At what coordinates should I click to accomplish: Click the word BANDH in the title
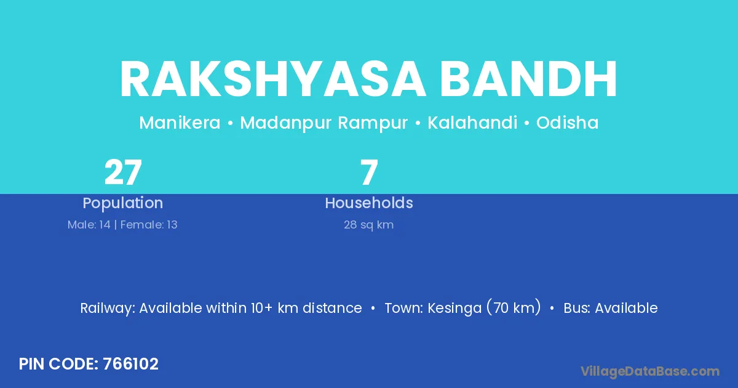point(528,79)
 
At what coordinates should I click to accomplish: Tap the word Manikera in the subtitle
point(180,123)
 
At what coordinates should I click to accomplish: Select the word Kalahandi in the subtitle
point(472,123)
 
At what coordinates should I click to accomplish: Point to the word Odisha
point(567,123)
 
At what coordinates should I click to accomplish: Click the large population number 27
point(123,172)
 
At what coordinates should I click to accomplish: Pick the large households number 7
point(369,172)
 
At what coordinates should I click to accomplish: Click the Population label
point(123,203)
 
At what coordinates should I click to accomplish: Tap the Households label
point(369,203)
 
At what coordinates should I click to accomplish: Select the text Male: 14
point(89,225)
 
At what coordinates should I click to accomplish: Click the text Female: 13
point(149,225)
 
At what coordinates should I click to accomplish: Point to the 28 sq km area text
point(368,225)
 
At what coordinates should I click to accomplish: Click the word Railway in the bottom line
point(108,309)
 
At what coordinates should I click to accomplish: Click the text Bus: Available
point(611,308)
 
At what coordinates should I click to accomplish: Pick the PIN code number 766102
point(130,364)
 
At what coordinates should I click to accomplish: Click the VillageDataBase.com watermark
point(649,371)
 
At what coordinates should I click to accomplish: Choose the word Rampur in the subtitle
point(373,123)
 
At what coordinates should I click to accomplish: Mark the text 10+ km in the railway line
point(274,308)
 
